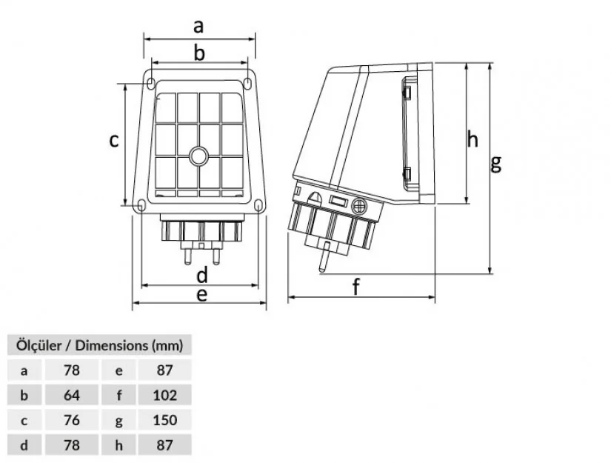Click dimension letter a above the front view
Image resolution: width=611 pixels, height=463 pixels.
198,27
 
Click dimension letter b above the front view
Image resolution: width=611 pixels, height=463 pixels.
198,53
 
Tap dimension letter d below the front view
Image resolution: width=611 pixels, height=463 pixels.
201,275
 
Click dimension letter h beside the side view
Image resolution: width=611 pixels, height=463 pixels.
473,139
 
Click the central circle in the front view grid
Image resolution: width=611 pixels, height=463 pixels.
199,156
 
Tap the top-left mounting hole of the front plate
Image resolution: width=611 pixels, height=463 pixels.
150,82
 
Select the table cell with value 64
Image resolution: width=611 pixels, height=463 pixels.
72,395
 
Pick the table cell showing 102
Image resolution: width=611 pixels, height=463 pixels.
165,395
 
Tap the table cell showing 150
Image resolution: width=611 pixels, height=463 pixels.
165,420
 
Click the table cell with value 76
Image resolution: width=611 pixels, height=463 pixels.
72,420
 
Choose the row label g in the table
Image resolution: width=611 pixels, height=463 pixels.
119,420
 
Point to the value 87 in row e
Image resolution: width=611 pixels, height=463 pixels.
165,370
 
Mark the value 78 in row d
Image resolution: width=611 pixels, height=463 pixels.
72,445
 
